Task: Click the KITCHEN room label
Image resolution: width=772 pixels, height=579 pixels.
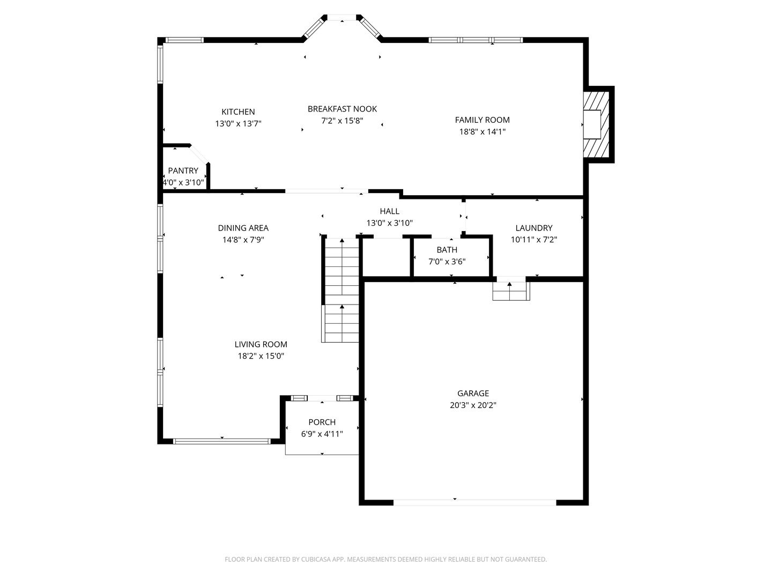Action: point(238,112)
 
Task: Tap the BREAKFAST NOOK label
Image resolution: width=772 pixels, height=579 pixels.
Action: point(342,109)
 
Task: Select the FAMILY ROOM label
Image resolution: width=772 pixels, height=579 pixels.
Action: point(482,120)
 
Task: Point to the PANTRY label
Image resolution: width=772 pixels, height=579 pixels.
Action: point(183,170)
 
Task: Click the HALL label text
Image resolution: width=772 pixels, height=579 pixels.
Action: point(389,211)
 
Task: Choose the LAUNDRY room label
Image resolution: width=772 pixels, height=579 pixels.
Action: point(534,228)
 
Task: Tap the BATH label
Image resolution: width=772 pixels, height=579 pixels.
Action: point(447,250)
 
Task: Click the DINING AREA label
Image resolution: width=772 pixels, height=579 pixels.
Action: point(243,228)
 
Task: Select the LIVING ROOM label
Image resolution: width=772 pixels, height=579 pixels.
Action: point(261,344)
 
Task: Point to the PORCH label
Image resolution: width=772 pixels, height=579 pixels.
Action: point(322,422)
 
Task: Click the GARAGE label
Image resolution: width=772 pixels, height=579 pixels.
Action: point(473,393)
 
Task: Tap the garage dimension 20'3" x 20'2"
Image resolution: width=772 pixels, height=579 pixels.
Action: point(473,405)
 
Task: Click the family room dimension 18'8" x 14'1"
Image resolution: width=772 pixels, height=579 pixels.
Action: point(482,131)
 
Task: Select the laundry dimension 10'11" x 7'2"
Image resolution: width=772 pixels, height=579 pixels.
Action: point(534,240)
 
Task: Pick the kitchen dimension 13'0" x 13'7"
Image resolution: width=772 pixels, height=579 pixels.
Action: point(238,123)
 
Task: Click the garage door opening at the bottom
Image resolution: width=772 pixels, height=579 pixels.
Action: point(474,503)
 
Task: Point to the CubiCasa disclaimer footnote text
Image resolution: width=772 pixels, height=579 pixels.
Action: point(386,559)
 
